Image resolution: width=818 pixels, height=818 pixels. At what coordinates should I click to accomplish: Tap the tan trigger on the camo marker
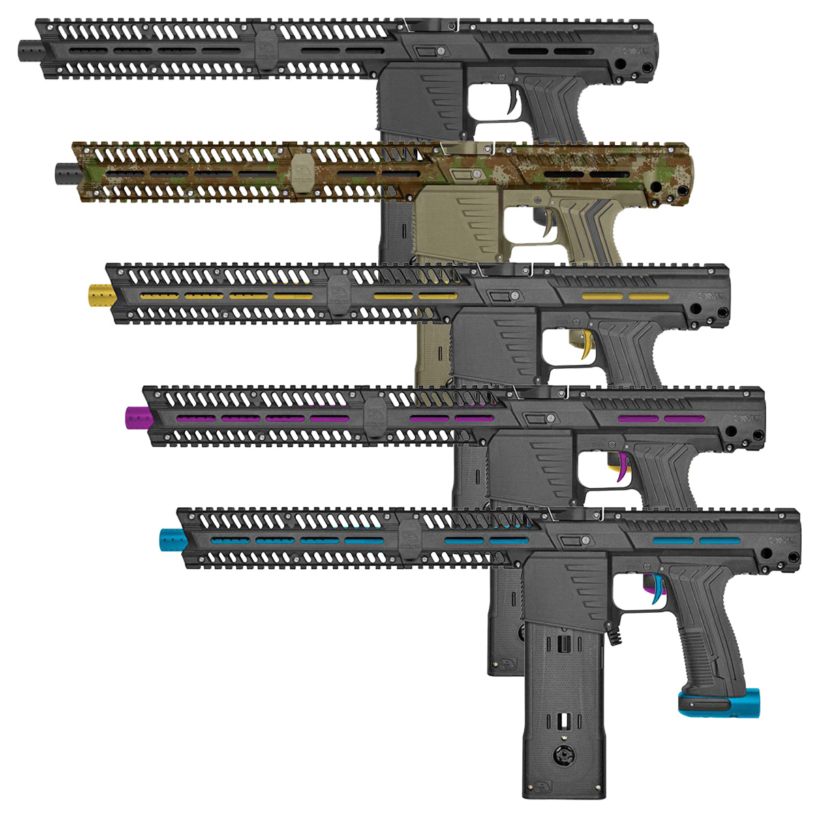(549, 226)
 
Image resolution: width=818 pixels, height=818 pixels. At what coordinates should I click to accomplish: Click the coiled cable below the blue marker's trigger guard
(619, 635)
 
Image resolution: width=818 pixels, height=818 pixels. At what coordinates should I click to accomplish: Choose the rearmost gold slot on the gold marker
(648, 297)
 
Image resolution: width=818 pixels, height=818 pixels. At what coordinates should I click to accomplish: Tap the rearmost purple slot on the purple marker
(684, 419)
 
